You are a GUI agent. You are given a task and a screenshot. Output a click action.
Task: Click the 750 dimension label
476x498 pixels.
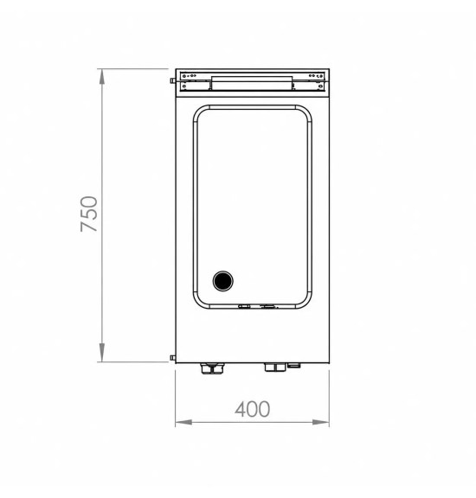coord(89,214)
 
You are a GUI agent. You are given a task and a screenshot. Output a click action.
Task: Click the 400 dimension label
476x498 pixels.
coord(253,409)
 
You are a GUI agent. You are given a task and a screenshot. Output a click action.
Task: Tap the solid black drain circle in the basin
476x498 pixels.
coord(223,281)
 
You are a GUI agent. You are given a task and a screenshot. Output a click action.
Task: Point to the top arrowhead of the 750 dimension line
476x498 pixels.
coord(102,77)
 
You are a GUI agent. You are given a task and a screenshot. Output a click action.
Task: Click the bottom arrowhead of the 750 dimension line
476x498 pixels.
coord(102,353)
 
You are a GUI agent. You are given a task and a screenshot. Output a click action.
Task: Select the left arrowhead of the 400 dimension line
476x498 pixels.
coord(183,422)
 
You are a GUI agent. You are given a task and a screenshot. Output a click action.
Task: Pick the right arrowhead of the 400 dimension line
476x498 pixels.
coord(320,422)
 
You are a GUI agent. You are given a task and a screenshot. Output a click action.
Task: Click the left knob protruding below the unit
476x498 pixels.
coord(212,368)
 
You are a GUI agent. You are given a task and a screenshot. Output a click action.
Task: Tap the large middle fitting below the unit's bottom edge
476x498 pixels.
coord(275,367)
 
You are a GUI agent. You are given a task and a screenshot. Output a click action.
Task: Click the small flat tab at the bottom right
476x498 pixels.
coord(293,366)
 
